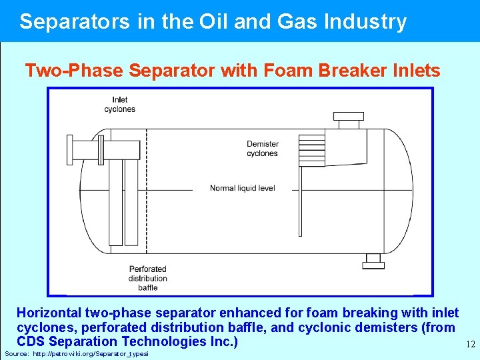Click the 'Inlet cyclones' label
[x=120, y=105]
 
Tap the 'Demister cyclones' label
[x=262, y=149]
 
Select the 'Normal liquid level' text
[x=242, y=189]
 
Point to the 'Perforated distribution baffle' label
[x=148, y=278]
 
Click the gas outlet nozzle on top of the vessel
[x=348, y=123]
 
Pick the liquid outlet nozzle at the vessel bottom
[x=373, y=261]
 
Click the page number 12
[x=469, y=345]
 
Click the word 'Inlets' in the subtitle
[x=417, y=70]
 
